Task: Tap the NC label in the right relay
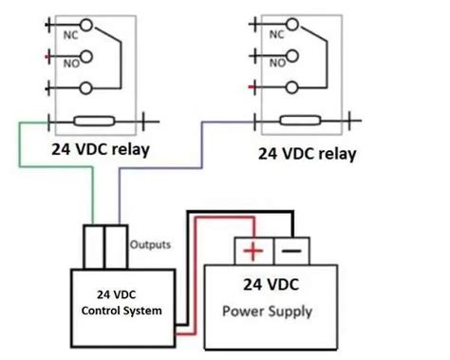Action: tap(276, 35)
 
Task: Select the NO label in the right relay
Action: tap(276, 64)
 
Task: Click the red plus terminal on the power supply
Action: tap(253, 251)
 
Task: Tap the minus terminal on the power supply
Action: tap(291, 251)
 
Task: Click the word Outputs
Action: tap(151, 244)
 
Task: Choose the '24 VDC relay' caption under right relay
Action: tap(309, 154)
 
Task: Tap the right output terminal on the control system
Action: tap(116, 248)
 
